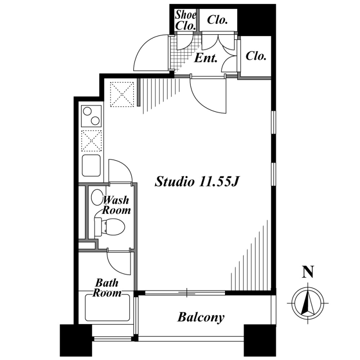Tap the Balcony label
coord(201,317)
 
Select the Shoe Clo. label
coord(185,20)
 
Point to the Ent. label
coord(206,58)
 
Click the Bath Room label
coord(107,288)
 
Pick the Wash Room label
coord(117,205)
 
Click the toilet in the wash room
coord(110,226)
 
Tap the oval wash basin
coord(97,197)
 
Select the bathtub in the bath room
coord(107,308)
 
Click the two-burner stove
coord(91,115)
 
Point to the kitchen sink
coord(91,166)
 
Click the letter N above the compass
coord(308,272)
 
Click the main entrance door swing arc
coord(151,53)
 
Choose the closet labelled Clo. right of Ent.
coord(256,57)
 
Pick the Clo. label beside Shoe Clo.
coord(217,20)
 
